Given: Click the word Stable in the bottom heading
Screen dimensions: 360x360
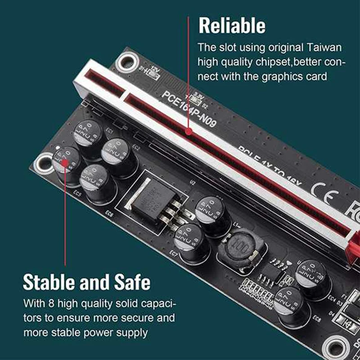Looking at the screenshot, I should [49, 283].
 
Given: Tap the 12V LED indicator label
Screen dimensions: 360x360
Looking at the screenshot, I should [155, 72].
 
